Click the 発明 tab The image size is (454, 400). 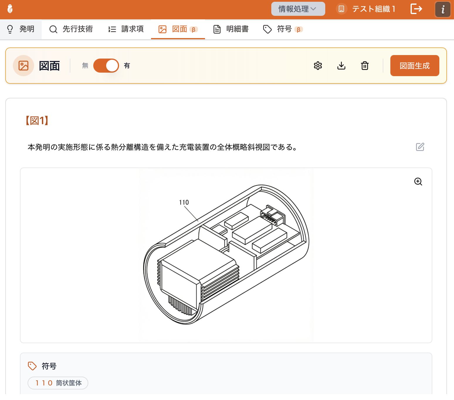coord(21,29)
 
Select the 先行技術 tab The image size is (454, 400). coord(71,29)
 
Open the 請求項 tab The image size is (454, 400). coord(126,29)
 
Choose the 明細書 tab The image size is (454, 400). coord(231,29)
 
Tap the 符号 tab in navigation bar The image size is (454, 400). coord(283,29)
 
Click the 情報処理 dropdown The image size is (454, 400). coord(298,9)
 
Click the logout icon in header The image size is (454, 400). coord(416,9)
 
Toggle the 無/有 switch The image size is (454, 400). coord(106,66)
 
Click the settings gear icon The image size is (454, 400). coord(318,66)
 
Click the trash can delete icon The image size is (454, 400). coord(365,66)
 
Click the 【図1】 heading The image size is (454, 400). coord(37,120)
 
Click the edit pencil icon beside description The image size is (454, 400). coord(420,147)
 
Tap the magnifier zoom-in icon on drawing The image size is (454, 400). coord(418,182)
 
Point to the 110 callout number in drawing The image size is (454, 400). coord(184,202)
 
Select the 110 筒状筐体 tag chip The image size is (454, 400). coord(58,383)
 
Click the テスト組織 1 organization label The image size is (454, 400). coord(373,9)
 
